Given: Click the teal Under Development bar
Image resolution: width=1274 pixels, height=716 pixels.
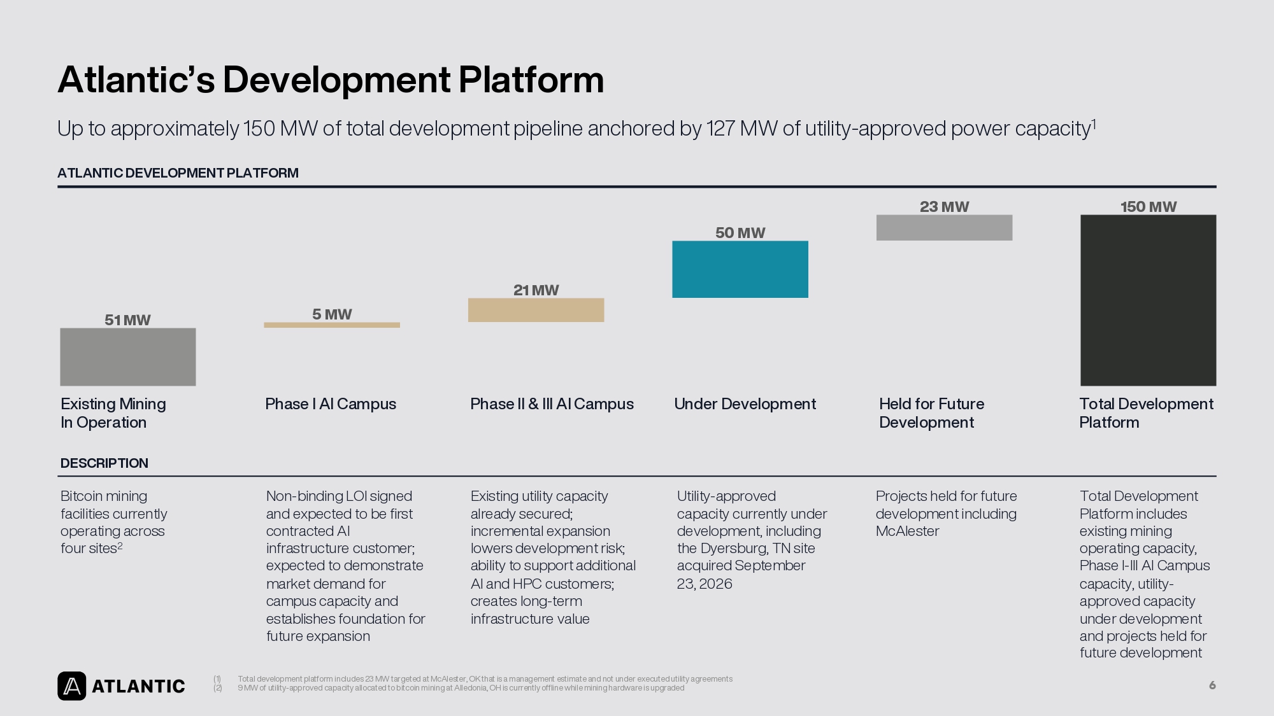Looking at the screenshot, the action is [x=740, y=269].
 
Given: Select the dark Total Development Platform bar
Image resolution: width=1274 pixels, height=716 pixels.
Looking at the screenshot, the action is [x=1148, y=300].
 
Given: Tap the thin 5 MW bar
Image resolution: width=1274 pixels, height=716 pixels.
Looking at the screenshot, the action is [x=332, y=325].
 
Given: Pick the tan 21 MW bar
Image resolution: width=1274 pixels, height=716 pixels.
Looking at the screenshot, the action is [x=536, y=310].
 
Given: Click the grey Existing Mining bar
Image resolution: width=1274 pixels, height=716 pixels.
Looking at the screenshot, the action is [x=128, y=357].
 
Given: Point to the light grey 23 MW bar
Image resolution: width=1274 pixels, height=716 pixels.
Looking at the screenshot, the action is [x=944, y=228].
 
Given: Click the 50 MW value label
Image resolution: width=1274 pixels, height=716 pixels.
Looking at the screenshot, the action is [x=740, y=233].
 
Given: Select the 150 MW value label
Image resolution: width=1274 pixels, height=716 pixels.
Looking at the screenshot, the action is [x=1149, y=207].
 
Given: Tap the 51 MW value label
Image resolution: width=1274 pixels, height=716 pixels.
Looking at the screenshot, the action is [x=127, y=320].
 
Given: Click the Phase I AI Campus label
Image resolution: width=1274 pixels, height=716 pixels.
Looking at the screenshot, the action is [x=331, y=404].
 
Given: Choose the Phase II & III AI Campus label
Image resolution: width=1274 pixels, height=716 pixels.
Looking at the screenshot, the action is [x=552, y=404].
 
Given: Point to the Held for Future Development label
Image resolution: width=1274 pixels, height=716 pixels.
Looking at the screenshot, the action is [x=931, y=413].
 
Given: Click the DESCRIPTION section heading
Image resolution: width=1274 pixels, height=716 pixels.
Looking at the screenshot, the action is [x=104, y=463].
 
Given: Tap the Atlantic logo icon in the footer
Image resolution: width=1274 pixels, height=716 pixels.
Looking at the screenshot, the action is [x=72, y=686].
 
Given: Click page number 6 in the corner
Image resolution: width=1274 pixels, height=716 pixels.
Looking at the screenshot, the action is [x=1212, y=685].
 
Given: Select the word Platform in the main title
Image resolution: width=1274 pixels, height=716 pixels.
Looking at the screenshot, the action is [x=531, y=80].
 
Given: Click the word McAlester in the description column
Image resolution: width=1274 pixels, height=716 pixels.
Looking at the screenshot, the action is [x=907, y=531].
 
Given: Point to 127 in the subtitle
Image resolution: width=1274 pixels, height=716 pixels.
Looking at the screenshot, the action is [x=720, y=129].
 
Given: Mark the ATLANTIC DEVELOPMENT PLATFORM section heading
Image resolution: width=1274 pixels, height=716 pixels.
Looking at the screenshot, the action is [x=178, y=173].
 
